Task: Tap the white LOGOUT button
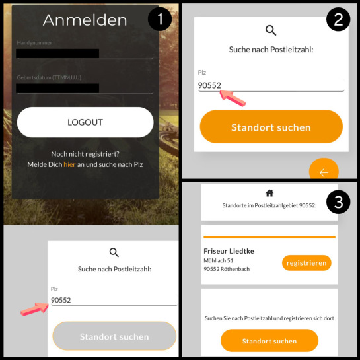85,122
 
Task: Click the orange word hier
69,164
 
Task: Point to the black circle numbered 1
160,19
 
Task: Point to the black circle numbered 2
338,19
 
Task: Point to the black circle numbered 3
338,202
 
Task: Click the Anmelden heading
85,20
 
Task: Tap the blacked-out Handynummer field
57,54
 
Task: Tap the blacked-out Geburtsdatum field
57,89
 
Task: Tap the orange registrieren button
306,263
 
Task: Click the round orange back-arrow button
324,170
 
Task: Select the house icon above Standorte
270,193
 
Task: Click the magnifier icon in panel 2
271,30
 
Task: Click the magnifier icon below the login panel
114,252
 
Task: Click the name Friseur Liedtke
229,251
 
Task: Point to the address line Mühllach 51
219,260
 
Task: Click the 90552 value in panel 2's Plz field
209,85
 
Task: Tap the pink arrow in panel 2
233,98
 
